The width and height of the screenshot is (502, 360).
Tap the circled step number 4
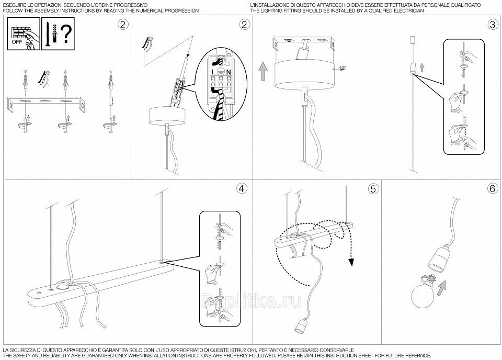pos(241,189)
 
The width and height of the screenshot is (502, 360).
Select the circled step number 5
pos(372,189)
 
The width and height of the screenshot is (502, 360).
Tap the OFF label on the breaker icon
pos(17,42)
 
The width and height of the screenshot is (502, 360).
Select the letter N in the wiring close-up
pos(229,72)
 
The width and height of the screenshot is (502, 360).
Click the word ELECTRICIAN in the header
pos(409,10)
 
